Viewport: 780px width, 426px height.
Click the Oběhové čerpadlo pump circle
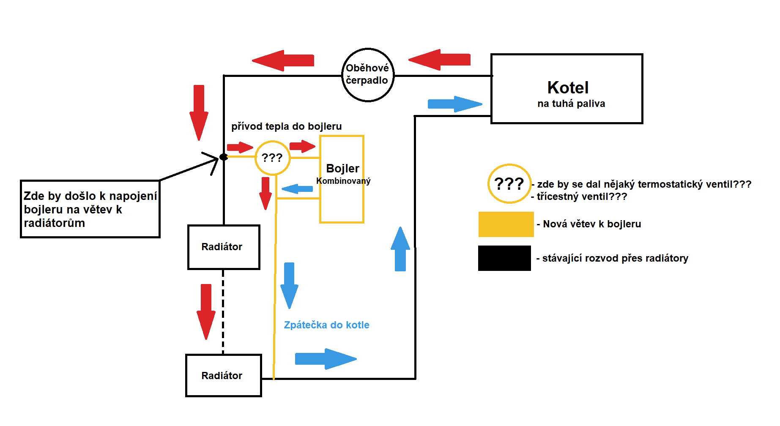[x=367, y=75]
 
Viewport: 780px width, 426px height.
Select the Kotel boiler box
[x=567, y=89]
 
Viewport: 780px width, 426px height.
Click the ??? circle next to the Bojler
[x=272, y=158]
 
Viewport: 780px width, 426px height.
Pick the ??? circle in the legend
[x=509, y=183]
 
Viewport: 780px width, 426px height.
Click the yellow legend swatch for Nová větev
[x=506, y=224]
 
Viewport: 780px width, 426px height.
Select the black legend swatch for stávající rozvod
[x=504, y=258]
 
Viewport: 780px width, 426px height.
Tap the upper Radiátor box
[x=224, y=247]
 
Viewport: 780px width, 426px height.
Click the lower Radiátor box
[x=223, y=375]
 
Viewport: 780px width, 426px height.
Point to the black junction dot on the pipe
[x=224, y=157]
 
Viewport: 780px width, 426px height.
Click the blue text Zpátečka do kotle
[x=326, y=325]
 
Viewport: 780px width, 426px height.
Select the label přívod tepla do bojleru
[x=286, y=126]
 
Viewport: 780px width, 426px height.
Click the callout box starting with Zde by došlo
[x=90, y=209]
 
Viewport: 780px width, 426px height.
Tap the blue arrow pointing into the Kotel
[x=454, y=104]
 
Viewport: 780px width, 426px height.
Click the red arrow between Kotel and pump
[x=440, y=60]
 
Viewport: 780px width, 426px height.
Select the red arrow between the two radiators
[x=206, y=311]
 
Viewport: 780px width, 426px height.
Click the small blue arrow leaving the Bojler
[x=297, y=188]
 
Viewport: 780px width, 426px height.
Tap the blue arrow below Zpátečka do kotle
[x=326, y=359]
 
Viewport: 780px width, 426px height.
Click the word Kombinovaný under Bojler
[x=343, y=181]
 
